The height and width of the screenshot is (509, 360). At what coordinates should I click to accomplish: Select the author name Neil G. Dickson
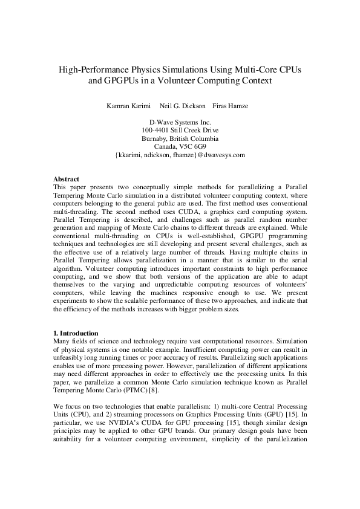pos(182,106)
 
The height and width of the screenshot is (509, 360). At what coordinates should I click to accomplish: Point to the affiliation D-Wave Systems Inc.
pos(180,122)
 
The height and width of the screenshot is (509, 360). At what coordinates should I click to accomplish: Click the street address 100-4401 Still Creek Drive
pos(180,130)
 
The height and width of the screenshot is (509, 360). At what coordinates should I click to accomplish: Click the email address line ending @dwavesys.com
pos(180,155)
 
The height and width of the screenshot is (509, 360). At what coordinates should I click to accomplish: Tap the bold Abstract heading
pos(66,180)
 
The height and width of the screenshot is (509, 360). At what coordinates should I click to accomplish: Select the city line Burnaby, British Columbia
pos(180,138)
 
